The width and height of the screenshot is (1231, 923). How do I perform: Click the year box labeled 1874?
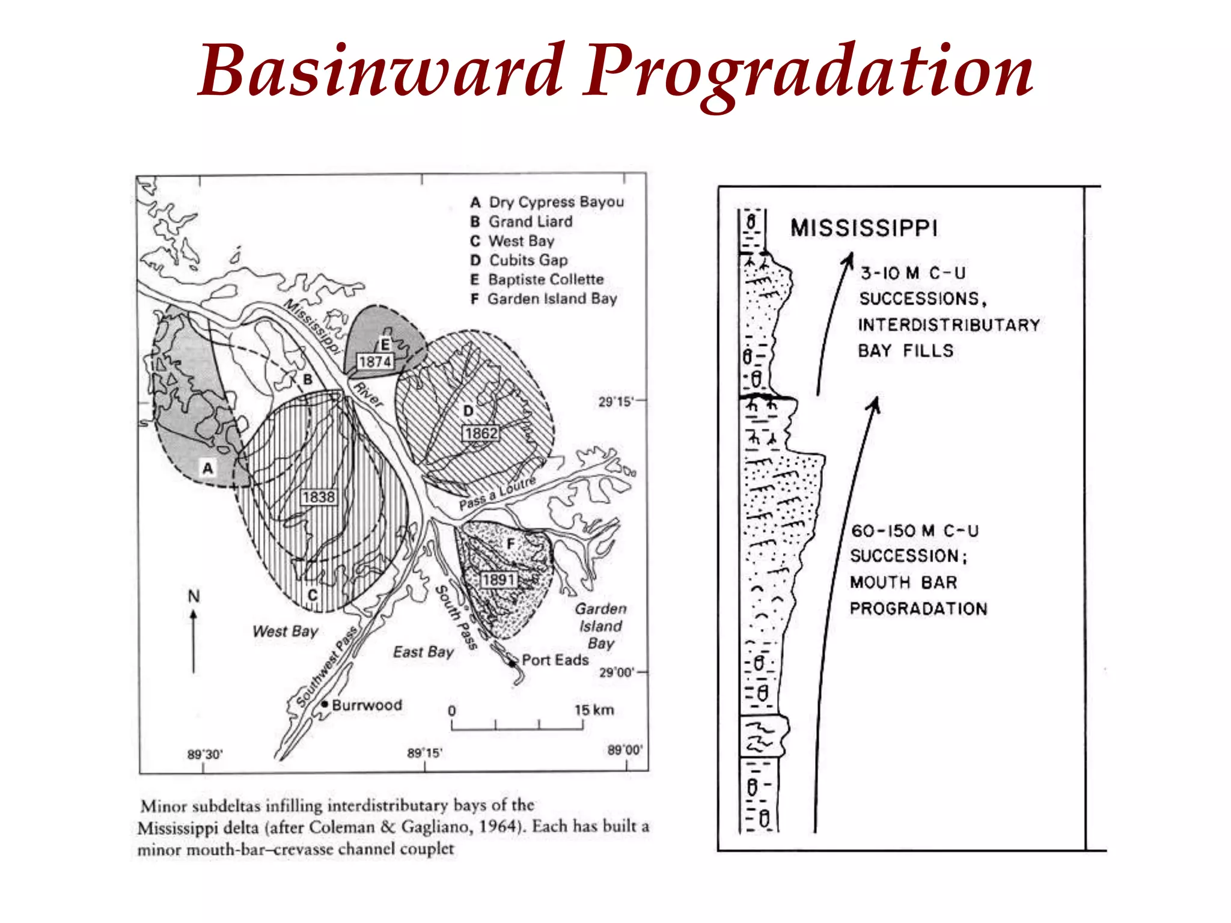click(375, 362)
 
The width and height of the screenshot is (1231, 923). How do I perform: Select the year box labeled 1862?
click(481, 433)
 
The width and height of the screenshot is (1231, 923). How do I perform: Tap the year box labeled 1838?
click(319, 497)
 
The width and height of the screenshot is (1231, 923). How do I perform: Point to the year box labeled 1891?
click(498, 579)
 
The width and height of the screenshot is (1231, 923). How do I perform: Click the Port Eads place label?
click(555, 660)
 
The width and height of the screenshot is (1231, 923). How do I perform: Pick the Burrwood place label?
click(367, 705)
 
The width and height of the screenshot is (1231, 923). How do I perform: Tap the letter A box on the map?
click(208, 468)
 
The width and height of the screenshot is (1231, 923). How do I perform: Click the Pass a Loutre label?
click(497, 493)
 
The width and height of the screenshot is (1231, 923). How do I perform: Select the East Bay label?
click(423, 652)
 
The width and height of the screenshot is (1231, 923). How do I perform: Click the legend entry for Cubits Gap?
click(528, 260)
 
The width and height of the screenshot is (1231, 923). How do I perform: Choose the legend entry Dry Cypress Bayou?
click(556, 202)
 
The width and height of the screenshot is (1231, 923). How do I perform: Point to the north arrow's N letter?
click(194, 596)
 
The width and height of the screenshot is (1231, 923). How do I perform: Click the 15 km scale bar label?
click(594, 710)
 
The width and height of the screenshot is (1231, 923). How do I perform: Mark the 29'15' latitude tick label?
click(615, 401)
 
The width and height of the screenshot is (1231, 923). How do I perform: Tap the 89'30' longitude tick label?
click(205, 754)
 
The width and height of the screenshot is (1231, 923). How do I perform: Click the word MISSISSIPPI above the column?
click(864, 228)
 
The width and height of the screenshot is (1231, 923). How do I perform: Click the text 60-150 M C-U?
click(914, 531)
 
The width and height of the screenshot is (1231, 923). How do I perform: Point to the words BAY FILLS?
click(905, 351)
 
